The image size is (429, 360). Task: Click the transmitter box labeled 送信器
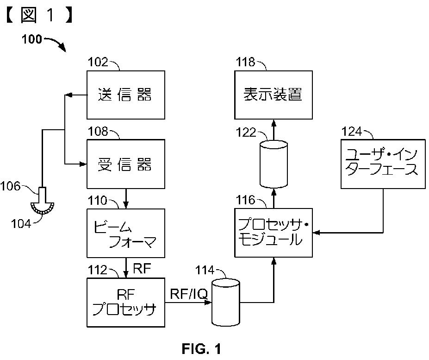pos(126,95)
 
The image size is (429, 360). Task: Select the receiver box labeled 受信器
pos(126,164)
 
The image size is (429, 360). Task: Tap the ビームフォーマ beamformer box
pos(126,233)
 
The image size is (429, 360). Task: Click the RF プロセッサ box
pos(126,303)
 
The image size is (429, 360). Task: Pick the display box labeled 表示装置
pos(274,95)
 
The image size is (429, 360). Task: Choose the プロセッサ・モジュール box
pos(274,233)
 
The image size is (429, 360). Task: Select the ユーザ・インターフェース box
pos(383,164)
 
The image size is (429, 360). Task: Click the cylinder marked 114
pos(226,303)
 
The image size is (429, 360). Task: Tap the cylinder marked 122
pos(274,164)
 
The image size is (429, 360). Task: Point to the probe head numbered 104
pos(43,208)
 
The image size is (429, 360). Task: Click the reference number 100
pos(32,39)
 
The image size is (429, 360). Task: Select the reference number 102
pos(98,62)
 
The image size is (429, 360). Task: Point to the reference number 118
pos(245,62)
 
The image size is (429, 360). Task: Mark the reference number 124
pos(352,132)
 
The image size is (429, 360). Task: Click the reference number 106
pos(10,186)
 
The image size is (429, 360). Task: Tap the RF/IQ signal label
pos(189,294)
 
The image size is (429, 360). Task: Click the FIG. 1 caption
pos(201,349)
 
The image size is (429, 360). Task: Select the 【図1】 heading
pos(39,15)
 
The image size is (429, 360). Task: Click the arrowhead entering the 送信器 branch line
pos(68,95)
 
